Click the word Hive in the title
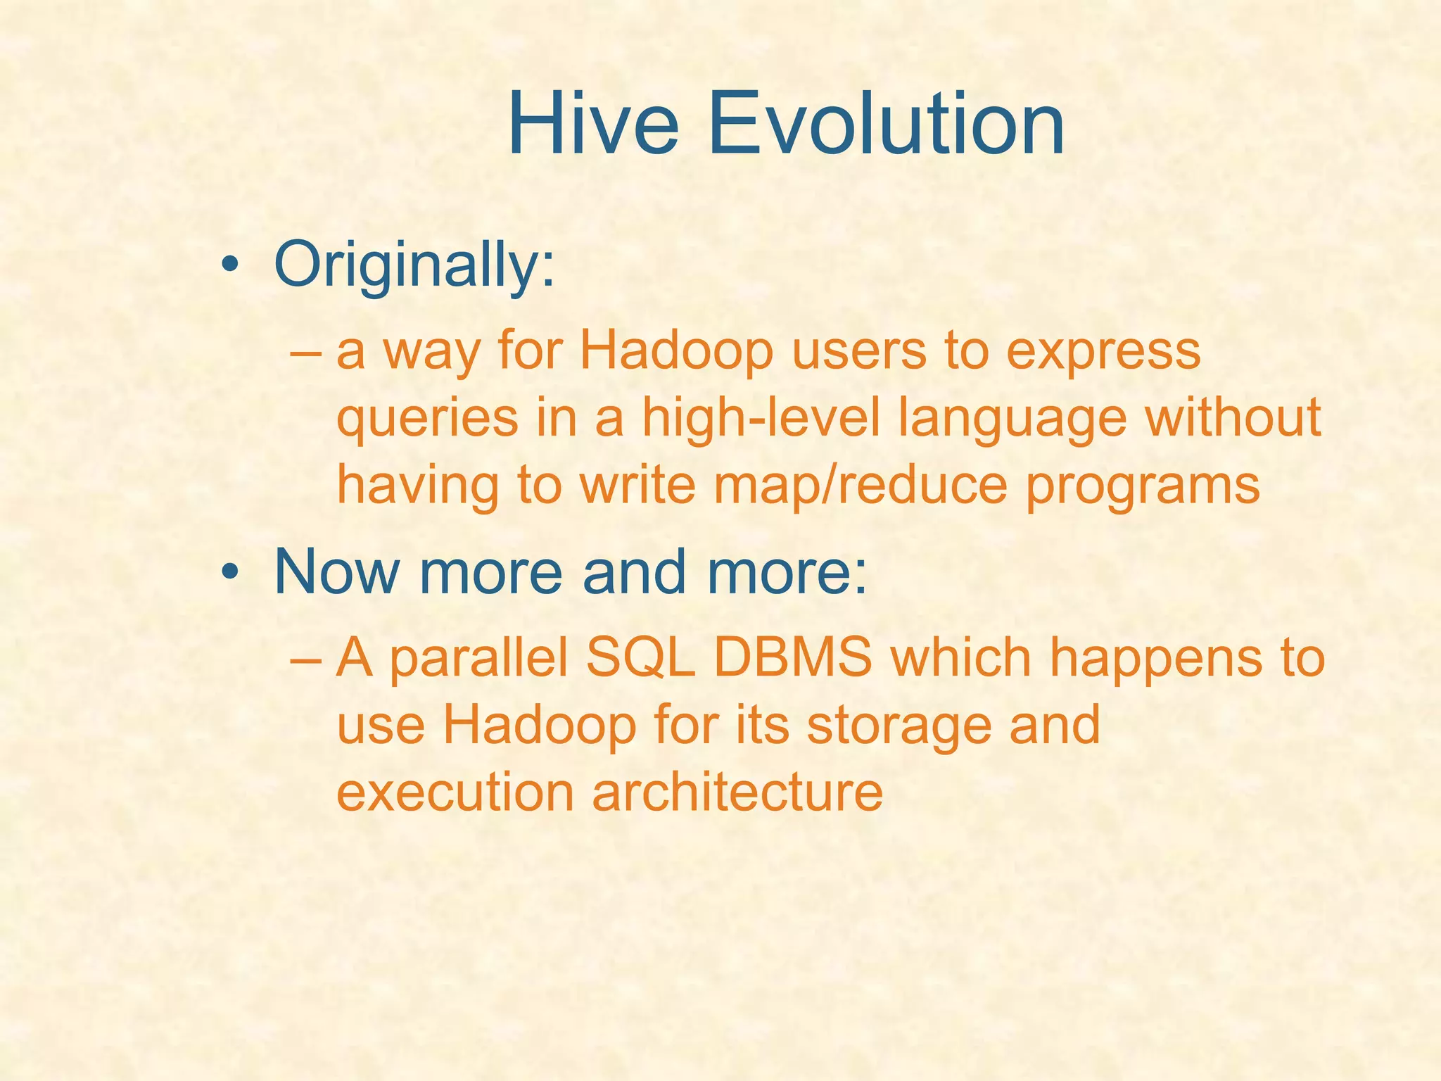[x=592, y=125]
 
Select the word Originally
[x=414, y=266]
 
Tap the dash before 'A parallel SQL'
[x=305, y=659]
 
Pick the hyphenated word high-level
[x=761, y=418]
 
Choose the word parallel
[x=478, y=660]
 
